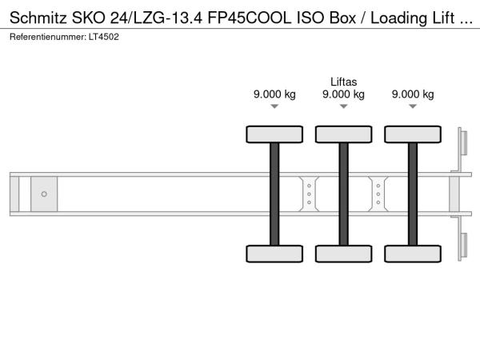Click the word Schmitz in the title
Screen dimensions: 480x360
coord(38,18)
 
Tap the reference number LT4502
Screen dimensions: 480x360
coord(104,37)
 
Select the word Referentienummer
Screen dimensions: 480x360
coord(48,37)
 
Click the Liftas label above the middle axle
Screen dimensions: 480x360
coord(343,82)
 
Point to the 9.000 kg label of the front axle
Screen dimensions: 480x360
coord(274,94)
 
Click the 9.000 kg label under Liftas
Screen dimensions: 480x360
coord(343,94)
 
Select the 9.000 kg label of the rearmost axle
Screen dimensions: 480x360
coord(413,94)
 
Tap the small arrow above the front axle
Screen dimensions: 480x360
coord(274,106)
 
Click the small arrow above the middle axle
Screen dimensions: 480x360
coord(344,106)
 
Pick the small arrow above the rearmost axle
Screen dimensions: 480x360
coord(413,106)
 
